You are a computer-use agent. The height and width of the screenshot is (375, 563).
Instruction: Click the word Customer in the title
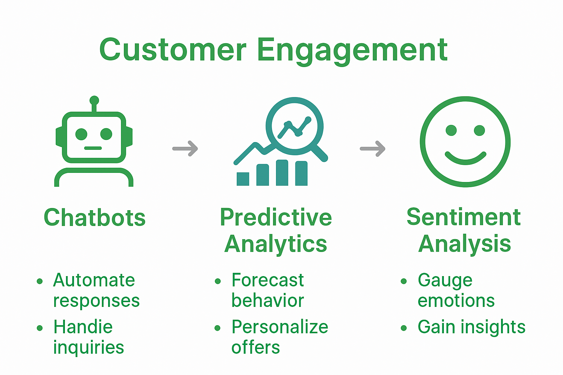click(x=172, y=50)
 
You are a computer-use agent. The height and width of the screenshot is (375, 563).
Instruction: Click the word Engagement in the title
click(x=352, y=50)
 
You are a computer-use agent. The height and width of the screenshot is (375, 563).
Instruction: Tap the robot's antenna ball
click(x=94, y=100)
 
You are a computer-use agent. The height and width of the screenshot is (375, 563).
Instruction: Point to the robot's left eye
click(x=81, y=134)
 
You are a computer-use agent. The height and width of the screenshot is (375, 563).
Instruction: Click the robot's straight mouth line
click(x=93, y=148)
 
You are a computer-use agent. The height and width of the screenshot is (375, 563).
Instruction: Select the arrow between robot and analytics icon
click(x=185, y=149)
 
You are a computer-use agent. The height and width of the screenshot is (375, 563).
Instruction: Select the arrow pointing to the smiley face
click(x=373, y=149)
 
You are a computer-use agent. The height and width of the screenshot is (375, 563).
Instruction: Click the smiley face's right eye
click(x=479, y=130)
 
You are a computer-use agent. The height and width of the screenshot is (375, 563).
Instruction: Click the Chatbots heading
click(x=95, y=218)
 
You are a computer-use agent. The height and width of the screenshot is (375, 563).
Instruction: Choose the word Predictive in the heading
click(x=276, y=218)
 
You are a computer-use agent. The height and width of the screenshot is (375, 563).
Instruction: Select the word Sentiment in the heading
click(x=464, y=218)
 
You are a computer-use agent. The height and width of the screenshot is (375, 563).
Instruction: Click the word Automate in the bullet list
click(x=94, y=281)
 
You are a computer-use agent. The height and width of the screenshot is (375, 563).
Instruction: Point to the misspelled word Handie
click(x=83, y=327)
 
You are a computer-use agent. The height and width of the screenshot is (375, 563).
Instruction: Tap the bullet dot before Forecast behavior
click(x=218, y=281)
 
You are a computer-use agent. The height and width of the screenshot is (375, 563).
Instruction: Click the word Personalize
click(x=280, y=327)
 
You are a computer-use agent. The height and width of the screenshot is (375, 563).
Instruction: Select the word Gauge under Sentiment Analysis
click(x=445, y=281)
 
